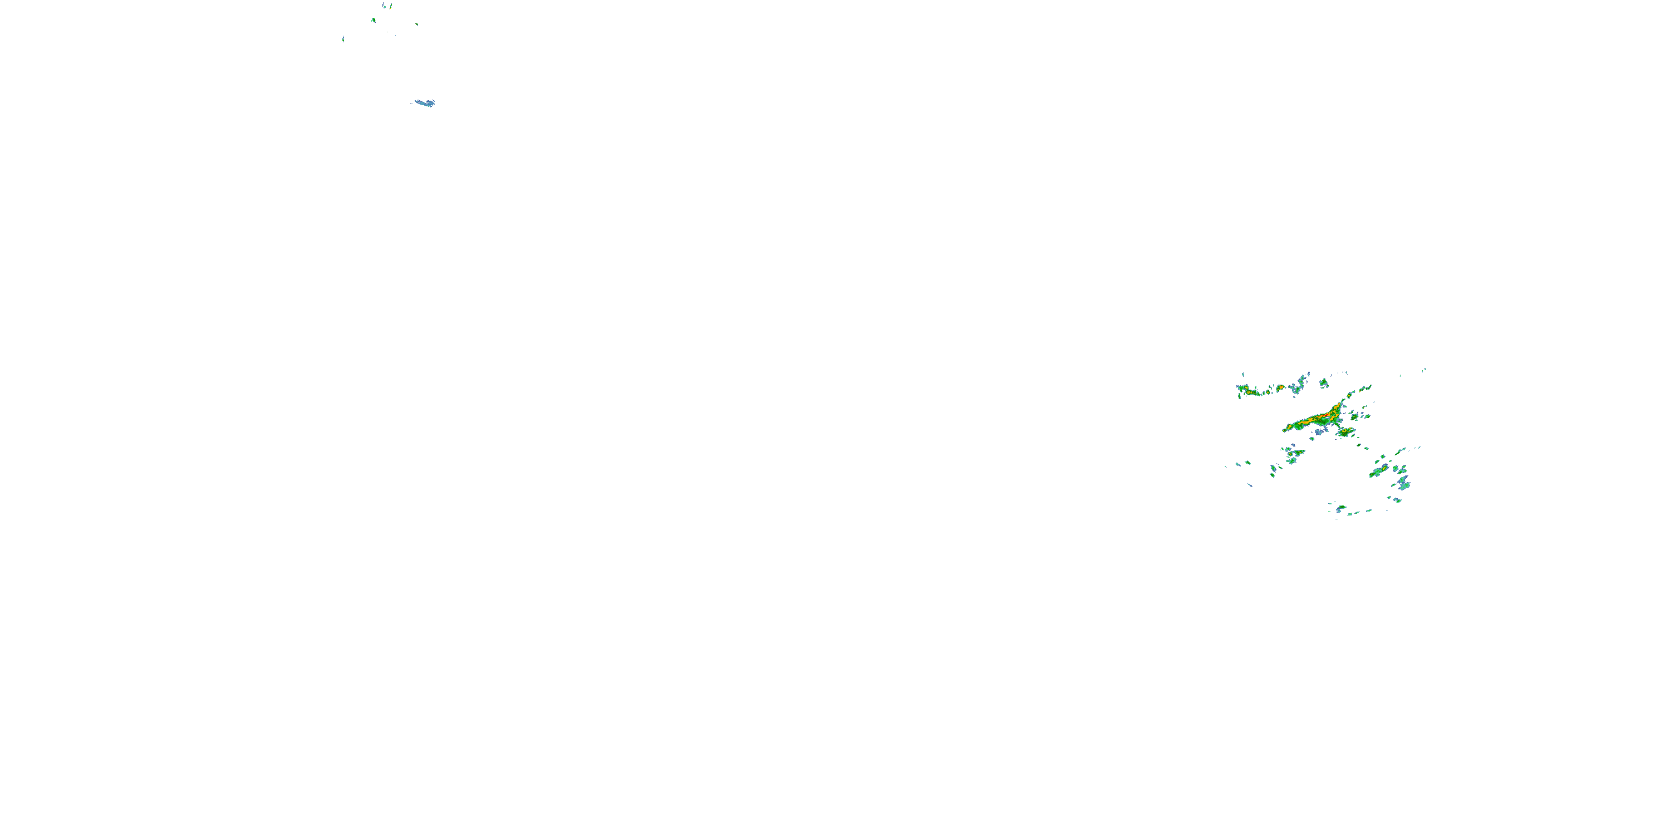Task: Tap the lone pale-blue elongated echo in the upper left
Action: (425, 103)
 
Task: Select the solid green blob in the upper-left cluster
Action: (374, 20)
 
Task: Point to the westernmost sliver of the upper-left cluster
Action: (343, 39)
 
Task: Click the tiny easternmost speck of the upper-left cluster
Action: (417, 24)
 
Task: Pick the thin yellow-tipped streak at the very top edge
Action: (390, 6)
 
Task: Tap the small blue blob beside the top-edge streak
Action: (384, 6)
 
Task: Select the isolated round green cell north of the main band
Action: (1323, 383)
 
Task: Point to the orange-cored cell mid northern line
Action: (1280, 387)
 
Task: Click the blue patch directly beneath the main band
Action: (1319, 431)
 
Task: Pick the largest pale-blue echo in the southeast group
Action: (1403, 482)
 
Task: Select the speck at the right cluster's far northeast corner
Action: (1425, 370)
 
